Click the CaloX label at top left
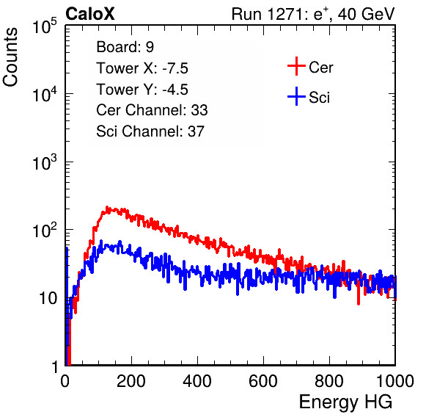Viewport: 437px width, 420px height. click(90, 14)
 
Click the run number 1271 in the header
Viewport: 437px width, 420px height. click(285, 14)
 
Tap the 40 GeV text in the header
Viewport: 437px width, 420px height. click(366, 14)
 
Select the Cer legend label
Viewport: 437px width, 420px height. click(320, 68)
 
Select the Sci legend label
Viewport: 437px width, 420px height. click(319, 98)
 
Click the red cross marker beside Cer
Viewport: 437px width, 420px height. click(296, 66)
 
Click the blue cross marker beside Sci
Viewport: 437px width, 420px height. click(296, 96)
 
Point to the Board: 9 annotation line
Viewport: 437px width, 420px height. click(125, 47)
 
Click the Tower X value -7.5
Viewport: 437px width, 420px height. click(175, 68)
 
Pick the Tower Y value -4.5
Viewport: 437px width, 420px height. click(175, 90)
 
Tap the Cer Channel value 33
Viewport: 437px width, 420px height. click(199, 110)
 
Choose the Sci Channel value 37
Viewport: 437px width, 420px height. click(196, 131)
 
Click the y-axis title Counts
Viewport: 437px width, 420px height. click(10, 57)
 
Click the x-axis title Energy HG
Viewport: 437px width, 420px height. click(345, 402)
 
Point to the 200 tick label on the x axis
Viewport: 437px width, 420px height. click(131, 381)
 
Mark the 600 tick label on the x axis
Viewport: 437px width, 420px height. click(263, 381)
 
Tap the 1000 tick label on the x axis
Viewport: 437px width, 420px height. click(395, 381)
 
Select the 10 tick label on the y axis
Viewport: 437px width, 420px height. click(48, 298)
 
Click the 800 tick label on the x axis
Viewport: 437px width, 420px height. click(329, 381)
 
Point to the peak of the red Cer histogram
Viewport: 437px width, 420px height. click(107, 208)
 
